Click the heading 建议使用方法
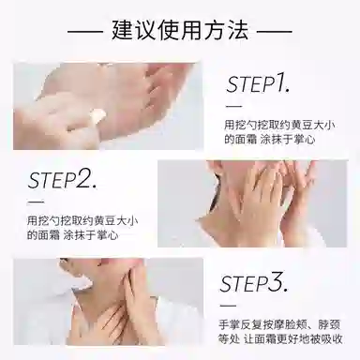(x=180, y=30)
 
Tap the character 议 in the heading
(x=146, y=30)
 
